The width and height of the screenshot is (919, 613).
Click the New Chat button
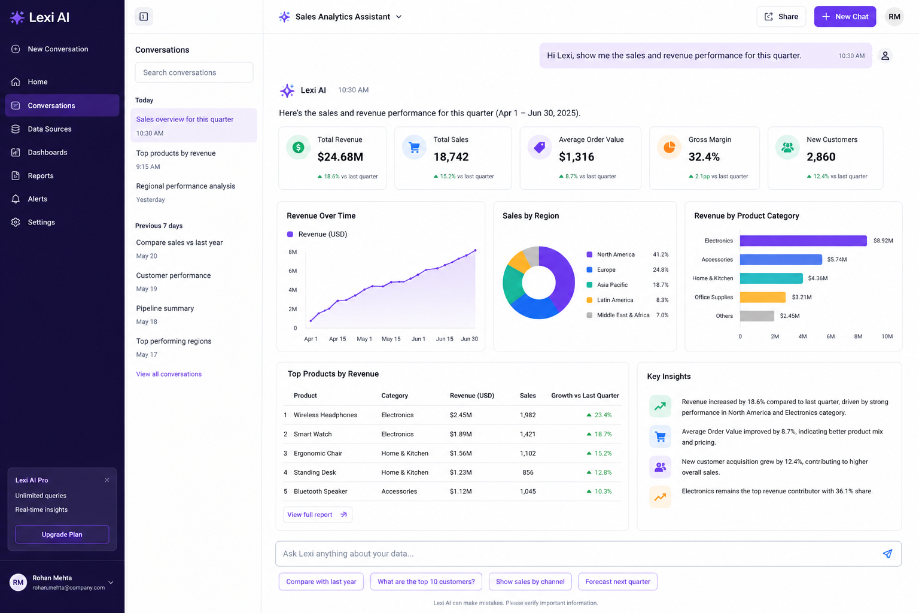point(845,16)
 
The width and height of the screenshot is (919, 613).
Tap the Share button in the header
point(781,16)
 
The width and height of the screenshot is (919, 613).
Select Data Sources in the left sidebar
point(50,129)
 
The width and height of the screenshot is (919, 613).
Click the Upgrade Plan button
point(62,534)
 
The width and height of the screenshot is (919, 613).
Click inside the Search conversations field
point(194,72)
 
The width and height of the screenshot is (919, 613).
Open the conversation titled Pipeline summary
point(165,308)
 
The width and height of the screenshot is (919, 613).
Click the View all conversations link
point(169,374)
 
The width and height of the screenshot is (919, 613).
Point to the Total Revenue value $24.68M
point(340,157)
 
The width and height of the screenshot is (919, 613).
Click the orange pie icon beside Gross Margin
point(669,147)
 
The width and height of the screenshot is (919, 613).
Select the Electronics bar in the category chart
point(804,241)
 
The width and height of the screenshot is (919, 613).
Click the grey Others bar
point(757,315)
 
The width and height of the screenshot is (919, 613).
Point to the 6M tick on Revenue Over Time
point(293,271)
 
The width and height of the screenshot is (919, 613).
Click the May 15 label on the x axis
point(391,339)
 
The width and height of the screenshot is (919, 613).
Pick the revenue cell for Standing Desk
point(461,472)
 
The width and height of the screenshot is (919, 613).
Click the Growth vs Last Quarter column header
point(585,395)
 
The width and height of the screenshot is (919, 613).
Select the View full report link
point(317,514)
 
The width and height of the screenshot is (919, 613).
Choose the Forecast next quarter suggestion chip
point(617,581)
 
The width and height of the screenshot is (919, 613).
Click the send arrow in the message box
point(887,554)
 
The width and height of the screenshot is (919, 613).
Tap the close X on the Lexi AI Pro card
point(107,480)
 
